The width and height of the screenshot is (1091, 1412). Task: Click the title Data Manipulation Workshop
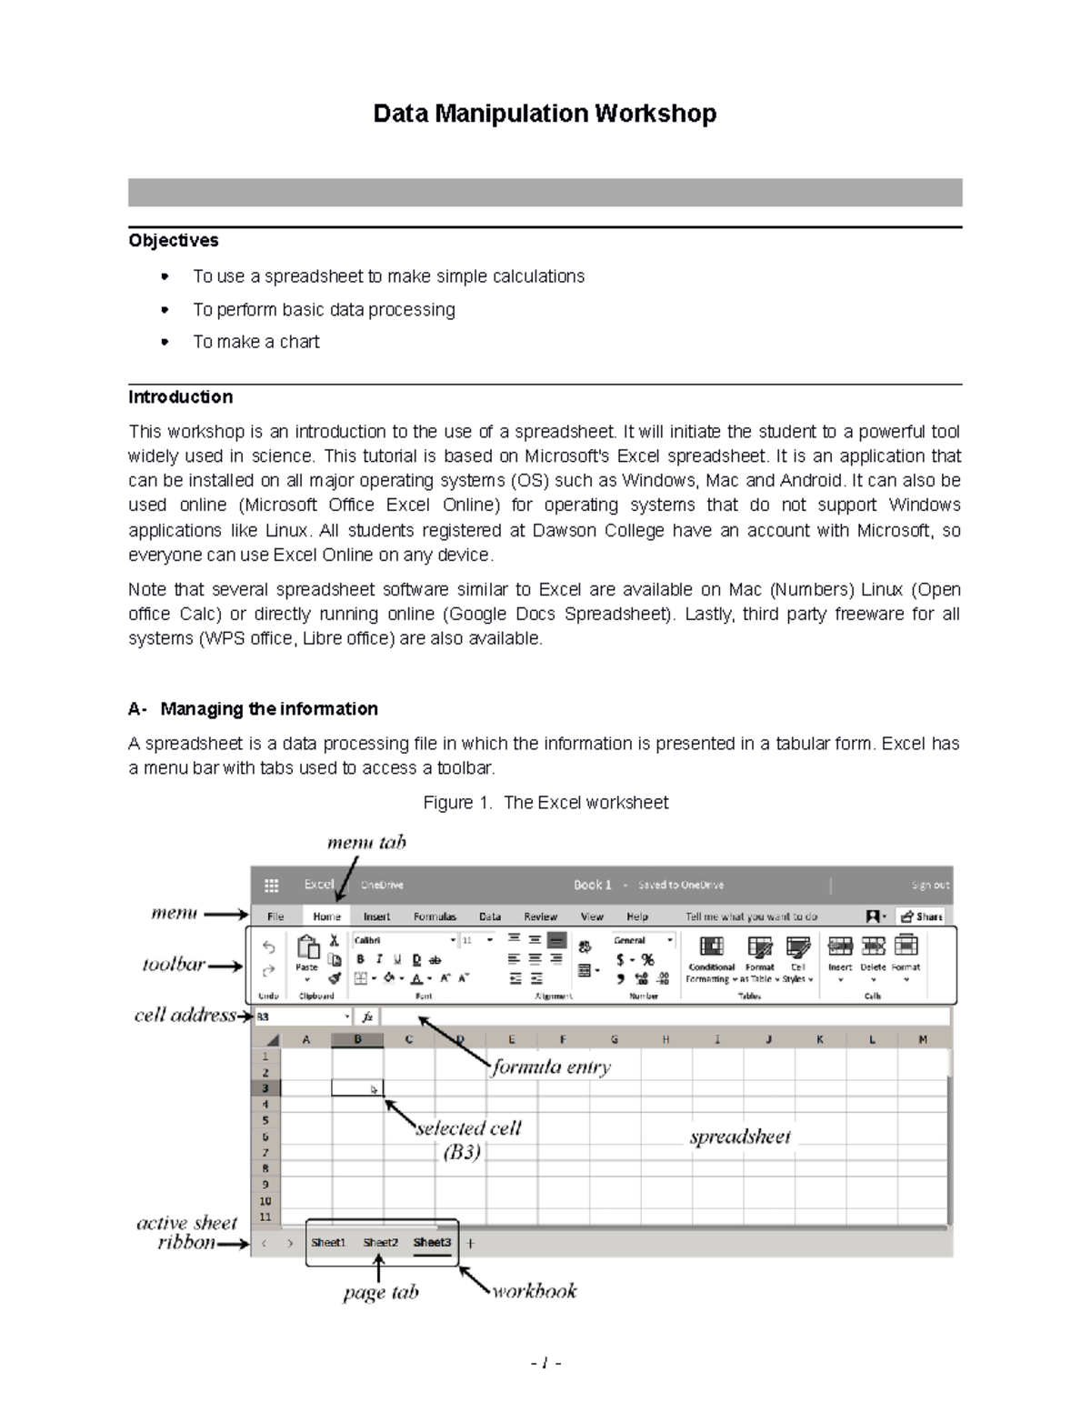tap(545, 114)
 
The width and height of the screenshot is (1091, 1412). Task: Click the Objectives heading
tap(174, 240)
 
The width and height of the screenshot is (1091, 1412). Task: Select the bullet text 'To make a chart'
tap(255, 342)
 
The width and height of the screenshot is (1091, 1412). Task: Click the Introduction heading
tap(180, 396)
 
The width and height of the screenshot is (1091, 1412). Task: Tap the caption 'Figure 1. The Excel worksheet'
tap(545, 802)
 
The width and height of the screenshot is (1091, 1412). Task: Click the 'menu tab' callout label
tap(365, 842)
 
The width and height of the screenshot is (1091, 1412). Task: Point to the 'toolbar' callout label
tap(174, 965)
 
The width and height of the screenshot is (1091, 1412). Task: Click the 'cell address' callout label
tap(185, 1016)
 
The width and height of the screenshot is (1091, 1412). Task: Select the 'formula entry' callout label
tap(551, 1067)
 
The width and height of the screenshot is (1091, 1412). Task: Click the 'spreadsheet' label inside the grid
tap(740, 1137)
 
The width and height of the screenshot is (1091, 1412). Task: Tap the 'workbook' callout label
tap(535, 1291)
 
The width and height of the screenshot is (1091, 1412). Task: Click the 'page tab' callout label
tap(381, 1293)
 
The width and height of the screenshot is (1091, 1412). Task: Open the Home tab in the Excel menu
tap(326, 916)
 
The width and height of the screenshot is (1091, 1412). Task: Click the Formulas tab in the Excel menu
tap(435, 916)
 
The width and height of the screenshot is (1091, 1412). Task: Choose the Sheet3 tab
tap(432, 1242)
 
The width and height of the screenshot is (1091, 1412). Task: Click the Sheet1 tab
tap(328, 1242)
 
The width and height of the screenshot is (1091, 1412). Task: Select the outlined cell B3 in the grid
tap(357, 1088)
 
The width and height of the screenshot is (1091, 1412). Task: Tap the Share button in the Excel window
tap(921, 916)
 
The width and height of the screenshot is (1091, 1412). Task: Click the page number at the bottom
tap(545, 1363)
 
